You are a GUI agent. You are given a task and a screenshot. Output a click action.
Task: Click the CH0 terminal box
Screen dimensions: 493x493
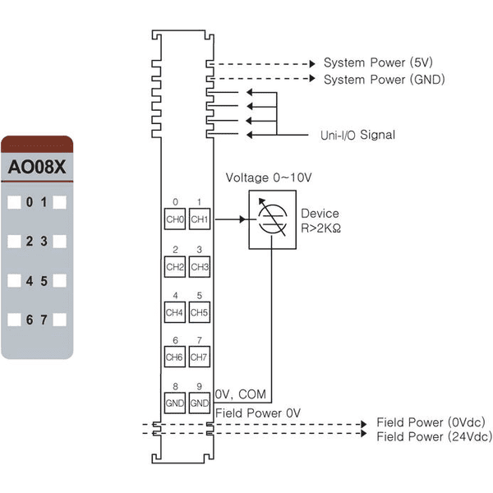pos(175,219)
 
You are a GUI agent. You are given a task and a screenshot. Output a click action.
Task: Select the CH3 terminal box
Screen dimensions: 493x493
pos(200,266)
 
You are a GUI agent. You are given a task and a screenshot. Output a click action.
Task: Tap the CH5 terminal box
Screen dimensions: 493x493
pos(200,312)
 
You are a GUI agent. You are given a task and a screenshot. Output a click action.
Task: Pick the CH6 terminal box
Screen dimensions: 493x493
pos(175,357)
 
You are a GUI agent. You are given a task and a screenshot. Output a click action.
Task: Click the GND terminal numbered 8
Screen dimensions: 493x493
pos(175,403)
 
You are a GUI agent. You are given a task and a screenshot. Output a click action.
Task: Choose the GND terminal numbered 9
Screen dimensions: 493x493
pos(200,403)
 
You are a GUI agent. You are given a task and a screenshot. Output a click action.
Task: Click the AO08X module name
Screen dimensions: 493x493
pos(37,167)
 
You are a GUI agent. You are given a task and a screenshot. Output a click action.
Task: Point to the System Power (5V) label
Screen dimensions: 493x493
pos(378,62)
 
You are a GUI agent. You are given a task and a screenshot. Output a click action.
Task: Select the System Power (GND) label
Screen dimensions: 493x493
pos(385,79)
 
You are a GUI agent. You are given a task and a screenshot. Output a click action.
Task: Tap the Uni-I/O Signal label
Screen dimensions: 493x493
pos(357,135)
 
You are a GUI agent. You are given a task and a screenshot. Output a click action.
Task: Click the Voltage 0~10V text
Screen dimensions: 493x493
pos(269,177)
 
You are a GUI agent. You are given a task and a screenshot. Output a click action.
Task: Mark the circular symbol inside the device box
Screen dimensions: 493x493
pos(272,219)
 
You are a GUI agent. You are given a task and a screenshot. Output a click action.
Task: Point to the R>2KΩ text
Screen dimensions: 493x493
pos(320,228)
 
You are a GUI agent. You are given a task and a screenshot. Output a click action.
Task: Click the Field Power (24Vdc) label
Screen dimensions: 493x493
pos(435,436)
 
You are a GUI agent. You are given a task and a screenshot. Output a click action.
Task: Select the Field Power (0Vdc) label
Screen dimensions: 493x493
pos(431,422)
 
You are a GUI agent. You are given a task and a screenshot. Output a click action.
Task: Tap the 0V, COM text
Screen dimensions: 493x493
pos(241,394)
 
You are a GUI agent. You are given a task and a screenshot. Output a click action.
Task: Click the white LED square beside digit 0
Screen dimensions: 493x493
pos(14,202)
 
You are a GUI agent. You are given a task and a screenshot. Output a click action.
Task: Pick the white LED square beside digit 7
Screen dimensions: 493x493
pos(59,320)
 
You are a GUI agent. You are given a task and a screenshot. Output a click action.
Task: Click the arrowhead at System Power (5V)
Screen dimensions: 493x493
pos(312,64)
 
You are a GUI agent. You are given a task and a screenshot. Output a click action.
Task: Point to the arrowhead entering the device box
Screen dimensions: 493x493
pos(242,219)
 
